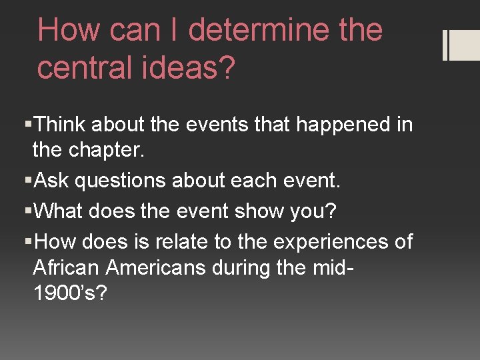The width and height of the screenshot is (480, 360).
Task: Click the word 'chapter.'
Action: [106, 149]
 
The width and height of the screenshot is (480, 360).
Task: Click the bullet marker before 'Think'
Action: [27, 125]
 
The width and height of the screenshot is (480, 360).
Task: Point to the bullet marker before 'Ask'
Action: [27, 181]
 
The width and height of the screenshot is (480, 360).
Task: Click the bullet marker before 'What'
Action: [27, 211]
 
